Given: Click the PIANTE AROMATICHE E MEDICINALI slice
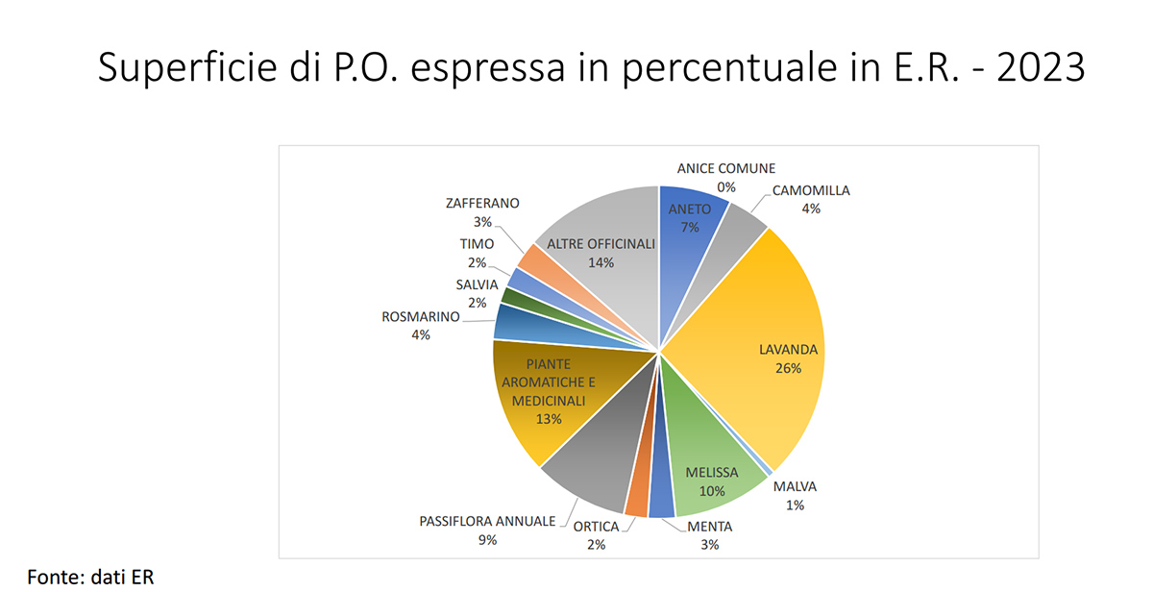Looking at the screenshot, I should pos(543,404).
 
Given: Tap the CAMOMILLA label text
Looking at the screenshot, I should pos(811,190).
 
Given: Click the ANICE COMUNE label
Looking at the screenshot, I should pos(725,168).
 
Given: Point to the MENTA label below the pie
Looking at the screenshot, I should pos(709,526).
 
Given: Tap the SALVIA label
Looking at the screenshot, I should pos(477,284).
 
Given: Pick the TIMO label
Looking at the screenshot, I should pos(477,244).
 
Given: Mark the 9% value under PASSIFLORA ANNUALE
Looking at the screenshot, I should pos(487,540).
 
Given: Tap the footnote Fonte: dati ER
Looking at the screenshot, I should pos(90,577).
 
